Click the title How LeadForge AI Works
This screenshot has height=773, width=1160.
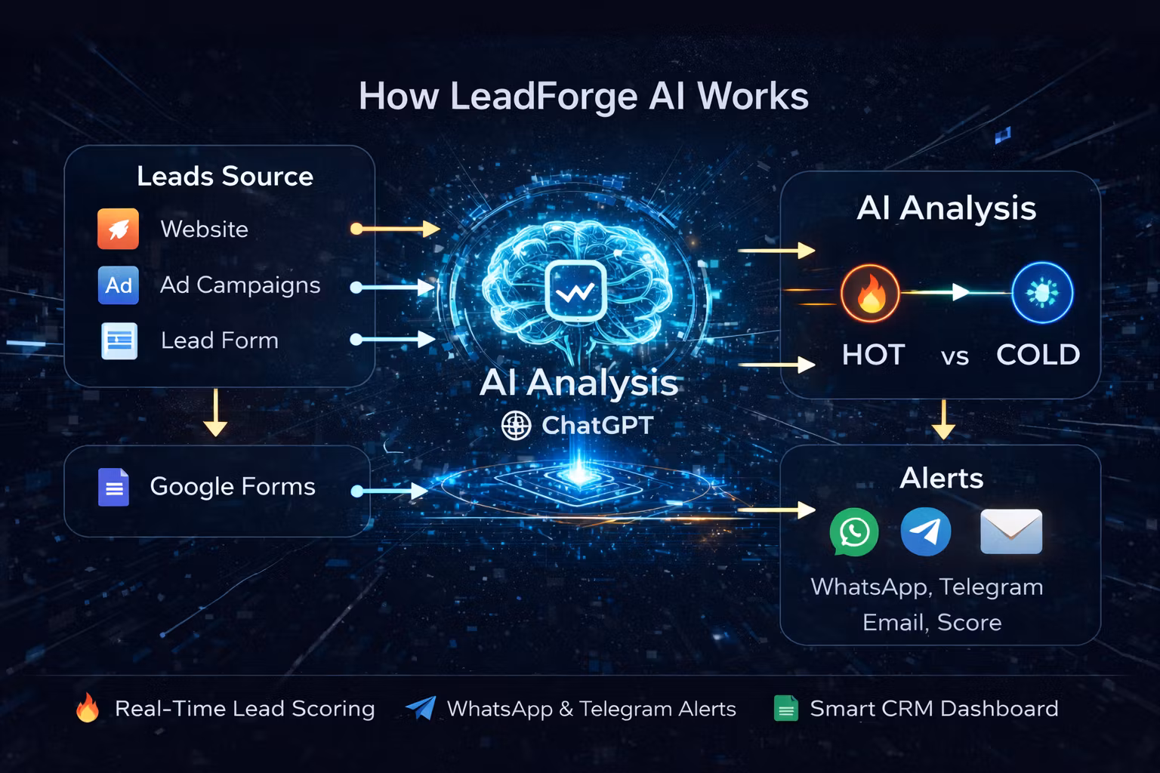pos(583,97)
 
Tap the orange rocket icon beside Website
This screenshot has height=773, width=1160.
pos(119,229)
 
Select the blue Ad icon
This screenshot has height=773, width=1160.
pos(119,285)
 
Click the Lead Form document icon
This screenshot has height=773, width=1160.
pos(119,340)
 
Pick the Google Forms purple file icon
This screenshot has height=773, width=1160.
pos(114,487)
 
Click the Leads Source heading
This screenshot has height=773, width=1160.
pos(225,176)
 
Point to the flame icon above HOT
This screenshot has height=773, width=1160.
pos(870,293)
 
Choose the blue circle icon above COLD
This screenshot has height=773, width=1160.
pos(1042,293)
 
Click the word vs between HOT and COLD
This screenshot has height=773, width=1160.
pos(955,356)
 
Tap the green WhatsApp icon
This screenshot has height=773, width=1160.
pos(854,532)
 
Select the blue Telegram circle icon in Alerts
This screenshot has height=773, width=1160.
pos(926,531)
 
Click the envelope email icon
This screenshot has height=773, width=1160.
pos(1011,531)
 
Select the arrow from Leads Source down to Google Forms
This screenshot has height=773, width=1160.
pos(216,412)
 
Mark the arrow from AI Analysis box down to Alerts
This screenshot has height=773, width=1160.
pos(943,419)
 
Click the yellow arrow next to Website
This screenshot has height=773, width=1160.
pos(396,229)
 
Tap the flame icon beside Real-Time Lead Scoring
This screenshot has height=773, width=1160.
pos(88,708)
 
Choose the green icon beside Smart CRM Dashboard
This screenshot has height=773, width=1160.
pos(786,709)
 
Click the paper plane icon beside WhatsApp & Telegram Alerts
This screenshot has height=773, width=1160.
pos(421,707)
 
